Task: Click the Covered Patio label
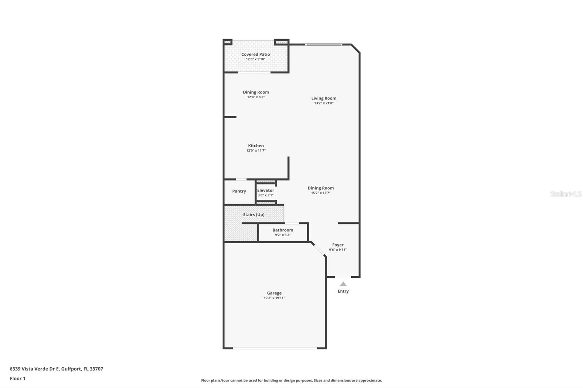coord(255,54)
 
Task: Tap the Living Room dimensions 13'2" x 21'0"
coord(324,103)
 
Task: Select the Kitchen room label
coord(256,146)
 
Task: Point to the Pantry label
coord(239,191)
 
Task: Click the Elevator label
coord(266,190)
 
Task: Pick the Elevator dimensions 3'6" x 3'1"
coord(266,195)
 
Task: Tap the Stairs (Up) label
coord(254,215)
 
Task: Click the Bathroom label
coord(283,230)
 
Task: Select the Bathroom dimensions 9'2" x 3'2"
coord(283,235)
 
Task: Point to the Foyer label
coord(338,245)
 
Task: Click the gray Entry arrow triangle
coord(343,284)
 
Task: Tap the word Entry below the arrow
coord(343,291)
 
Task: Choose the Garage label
coord(274,293)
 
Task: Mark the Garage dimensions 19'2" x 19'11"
coord(274,298)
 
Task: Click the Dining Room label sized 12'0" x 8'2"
coord(256,92)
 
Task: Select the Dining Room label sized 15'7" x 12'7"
coord(321,188)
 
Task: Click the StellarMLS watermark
coord(566,194)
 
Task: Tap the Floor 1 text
coord(17,379)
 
